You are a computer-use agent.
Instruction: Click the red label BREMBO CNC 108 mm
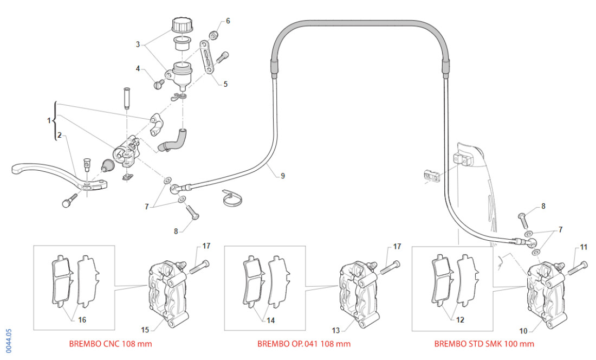(111, 344)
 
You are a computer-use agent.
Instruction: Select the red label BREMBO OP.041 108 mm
(303, 344)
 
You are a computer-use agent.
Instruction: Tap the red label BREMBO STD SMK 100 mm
(484, 344)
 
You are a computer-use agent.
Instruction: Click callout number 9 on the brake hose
(282, 175)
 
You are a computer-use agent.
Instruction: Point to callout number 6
(228, 21)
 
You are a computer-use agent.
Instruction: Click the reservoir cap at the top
(182, 24)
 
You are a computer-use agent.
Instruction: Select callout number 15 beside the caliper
(145, 329)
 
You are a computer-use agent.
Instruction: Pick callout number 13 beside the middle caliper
(336, 329)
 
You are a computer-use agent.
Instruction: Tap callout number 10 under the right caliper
(523, 329)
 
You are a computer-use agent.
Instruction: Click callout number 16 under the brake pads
(82, 320)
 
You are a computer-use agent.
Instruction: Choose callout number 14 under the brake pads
(270, 320)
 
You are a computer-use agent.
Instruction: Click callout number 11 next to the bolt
(583, 247)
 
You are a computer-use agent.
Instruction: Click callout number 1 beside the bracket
(49, 119)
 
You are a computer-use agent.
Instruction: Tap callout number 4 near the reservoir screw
(139, 69)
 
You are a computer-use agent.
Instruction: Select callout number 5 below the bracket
(225, 84)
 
